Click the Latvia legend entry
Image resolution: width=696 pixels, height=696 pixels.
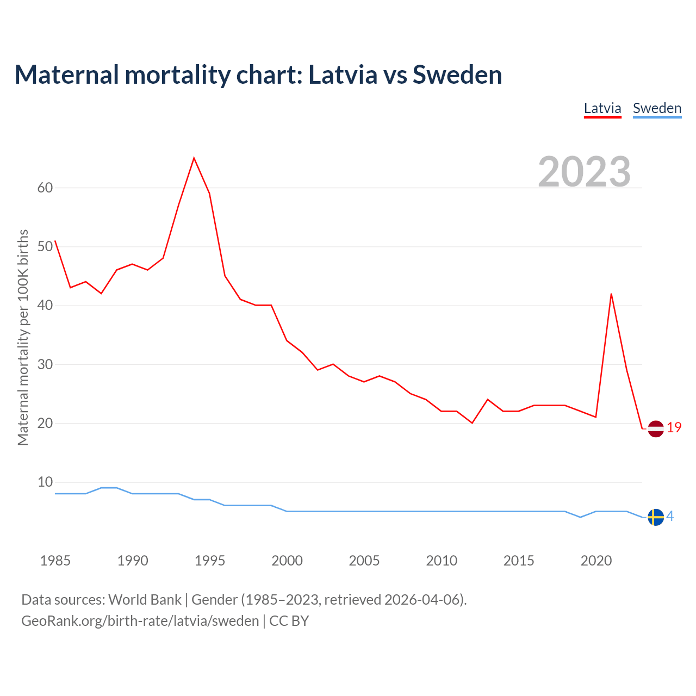[602, 108]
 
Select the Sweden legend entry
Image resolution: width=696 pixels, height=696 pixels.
[657, 108]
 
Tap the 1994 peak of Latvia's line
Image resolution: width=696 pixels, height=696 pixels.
[194, 158]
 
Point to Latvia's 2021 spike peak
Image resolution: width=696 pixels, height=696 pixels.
[611, 294]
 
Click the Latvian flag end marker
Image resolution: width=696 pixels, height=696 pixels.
[656, 428]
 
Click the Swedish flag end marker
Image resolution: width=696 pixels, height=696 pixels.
[656, 517]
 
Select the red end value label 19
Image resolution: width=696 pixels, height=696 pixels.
[674, 428]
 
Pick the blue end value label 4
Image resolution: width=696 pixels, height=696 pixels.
[670, 516]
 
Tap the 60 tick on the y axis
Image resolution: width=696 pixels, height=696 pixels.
[45, 188]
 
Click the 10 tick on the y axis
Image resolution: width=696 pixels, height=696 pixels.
[45, 482]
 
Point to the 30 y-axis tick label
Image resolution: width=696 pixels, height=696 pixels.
[45, 364]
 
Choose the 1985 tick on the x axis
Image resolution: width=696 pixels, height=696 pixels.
[55, 561]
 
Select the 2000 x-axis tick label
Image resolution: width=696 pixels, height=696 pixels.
[287, 561]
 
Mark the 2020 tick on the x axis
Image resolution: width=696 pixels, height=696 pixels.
[596, 561]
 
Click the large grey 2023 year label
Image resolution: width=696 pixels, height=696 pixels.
[585, 172]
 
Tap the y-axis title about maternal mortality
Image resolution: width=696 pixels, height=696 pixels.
[23, 337]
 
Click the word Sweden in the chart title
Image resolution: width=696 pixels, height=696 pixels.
[457, 74]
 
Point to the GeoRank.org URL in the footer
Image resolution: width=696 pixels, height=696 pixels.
[140, 621]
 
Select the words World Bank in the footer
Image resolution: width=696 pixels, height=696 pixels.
[145, 600]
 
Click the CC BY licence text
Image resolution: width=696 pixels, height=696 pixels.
[289, 621]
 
